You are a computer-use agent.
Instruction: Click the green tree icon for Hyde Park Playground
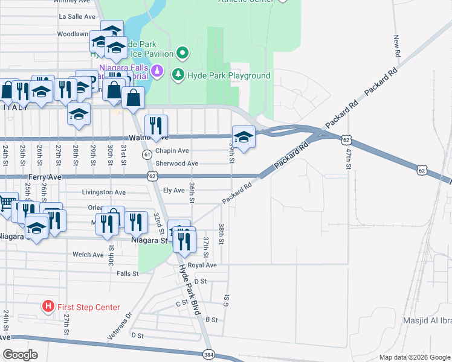178,75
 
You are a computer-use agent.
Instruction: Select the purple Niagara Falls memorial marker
157,71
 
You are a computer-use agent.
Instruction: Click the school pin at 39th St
243,137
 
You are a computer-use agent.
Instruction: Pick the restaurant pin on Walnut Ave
156,127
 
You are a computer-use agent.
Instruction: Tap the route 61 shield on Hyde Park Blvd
147,155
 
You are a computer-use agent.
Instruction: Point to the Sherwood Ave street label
177,164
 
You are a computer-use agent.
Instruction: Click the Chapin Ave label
172,151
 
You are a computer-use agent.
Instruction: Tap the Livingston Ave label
104,192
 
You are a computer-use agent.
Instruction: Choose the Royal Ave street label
202,265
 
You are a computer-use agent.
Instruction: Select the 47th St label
349,159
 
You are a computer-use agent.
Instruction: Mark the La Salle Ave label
77,17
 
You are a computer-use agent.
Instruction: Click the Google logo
20,354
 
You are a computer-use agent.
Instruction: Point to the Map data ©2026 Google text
415,357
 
